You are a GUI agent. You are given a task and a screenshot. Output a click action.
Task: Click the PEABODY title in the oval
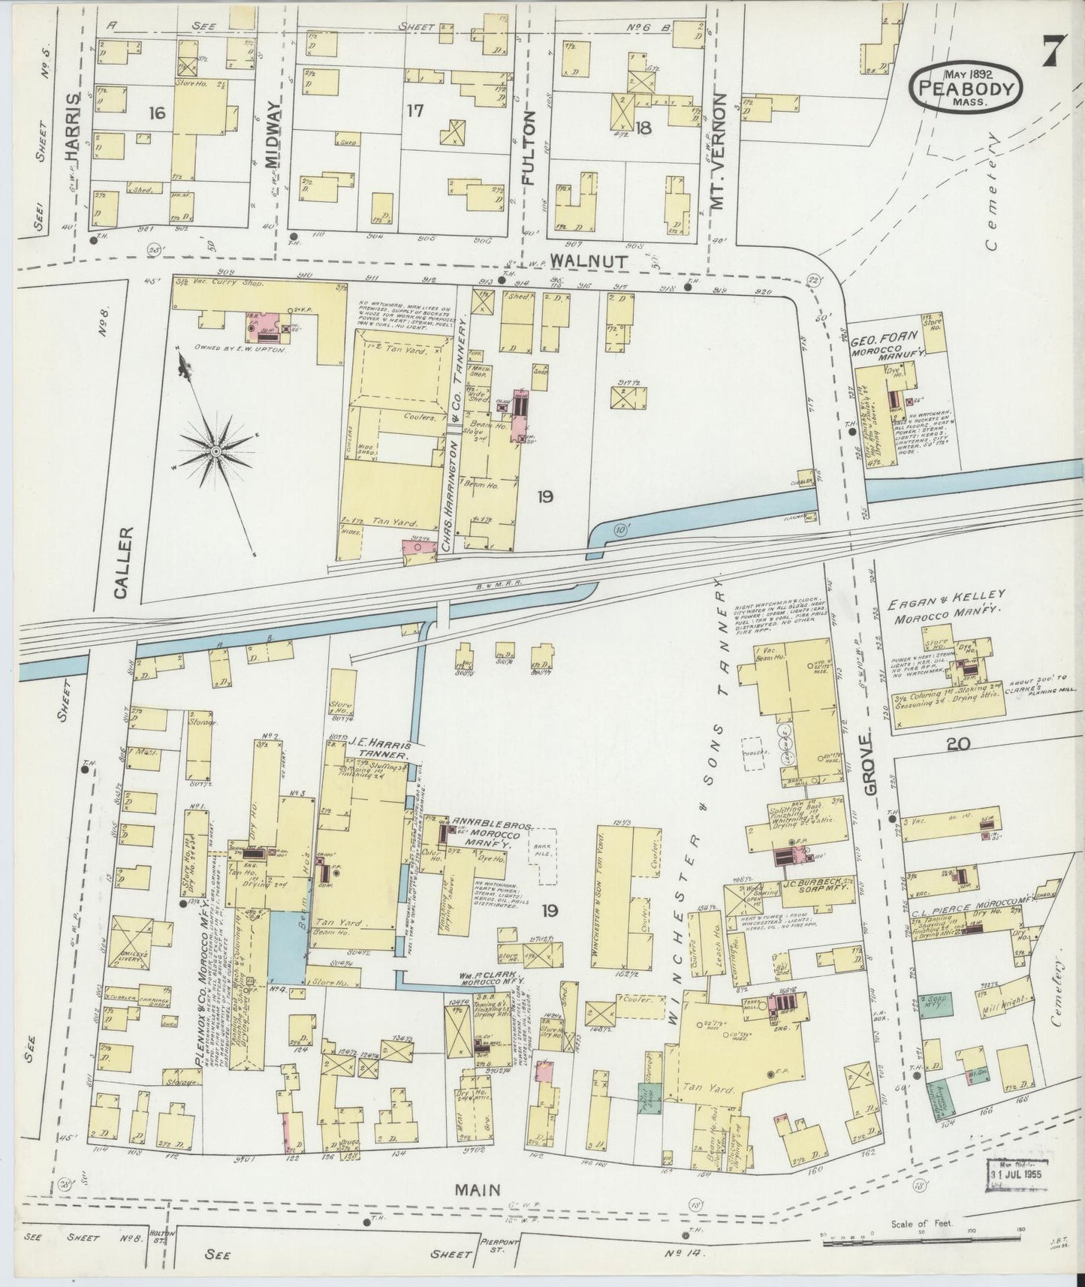point(966,89)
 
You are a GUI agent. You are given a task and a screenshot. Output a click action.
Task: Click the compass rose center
point(215,451)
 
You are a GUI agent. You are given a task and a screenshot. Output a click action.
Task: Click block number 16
point(156,113)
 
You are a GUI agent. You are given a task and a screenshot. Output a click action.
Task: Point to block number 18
point(643,128)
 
